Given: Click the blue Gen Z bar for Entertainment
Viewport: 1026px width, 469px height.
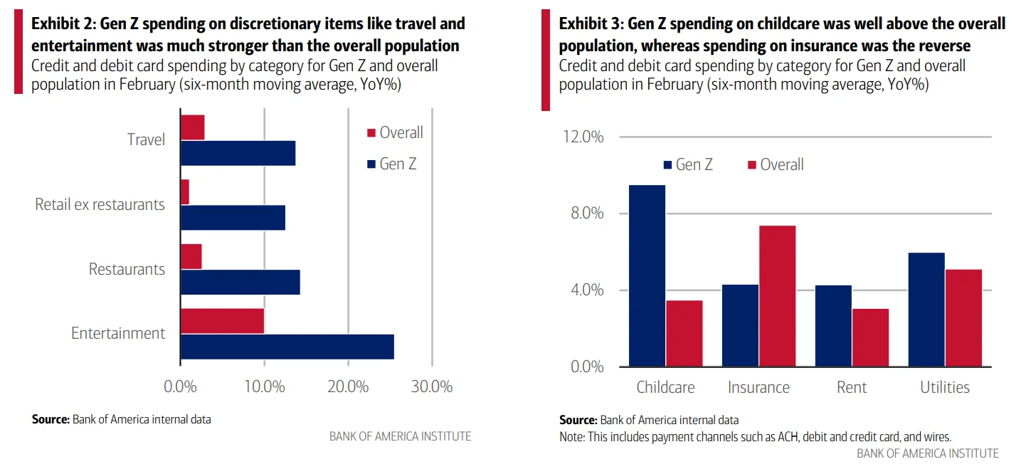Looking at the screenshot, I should [287, 347].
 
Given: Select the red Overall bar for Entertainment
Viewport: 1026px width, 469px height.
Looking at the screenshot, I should [222, 321].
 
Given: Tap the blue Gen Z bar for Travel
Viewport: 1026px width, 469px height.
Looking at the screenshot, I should [238, 153].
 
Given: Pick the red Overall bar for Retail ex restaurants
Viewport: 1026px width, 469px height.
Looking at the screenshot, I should [185, 192].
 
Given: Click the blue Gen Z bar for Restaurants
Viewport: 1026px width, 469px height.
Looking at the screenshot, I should [240, 282].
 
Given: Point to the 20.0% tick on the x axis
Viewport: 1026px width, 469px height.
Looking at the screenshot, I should [348, 386].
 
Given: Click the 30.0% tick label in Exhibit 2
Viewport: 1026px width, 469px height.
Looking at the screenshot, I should [432, 386].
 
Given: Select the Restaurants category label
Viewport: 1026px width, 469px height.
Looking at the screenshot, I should [127, 269].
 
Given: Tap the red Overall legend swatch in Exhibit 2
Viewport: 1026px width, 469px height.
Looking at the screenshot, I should [370, 133].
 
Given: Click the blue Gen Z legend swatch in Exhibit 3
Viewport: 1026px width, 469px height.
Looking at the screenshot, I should [667, 165].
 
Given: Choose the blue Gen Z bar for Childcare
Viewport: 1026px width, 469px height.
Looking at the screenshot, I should [647, 276].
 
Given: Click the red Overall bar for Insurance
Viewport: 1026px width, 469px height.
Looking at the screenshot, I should [777, 296].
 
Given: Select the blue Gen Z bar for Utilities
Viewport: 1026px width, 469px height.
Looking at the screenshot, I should [926, 310].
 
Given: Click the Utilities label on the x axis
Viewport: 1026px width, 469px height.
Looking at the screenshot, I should [945, 387].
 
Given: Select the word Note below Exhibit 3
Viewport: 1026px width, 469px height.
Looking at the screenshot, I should [572, 437].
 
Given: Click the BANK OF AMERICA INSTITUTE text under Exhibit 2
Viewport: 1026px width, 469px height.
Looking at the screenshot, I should [400, 436].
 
